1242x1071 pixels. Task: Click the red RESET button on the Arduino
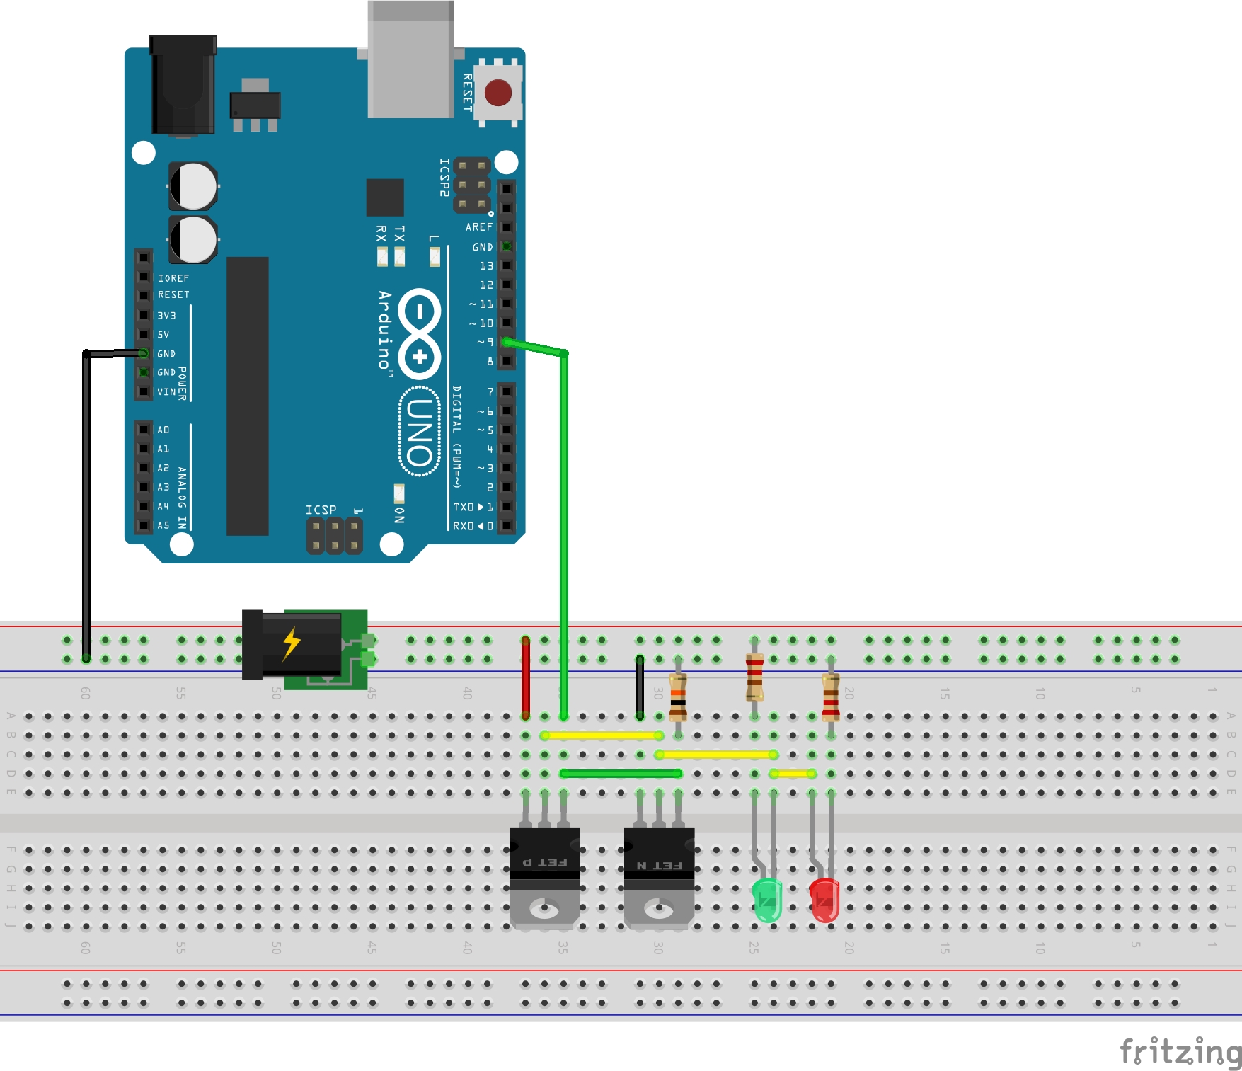(x=498, y=93)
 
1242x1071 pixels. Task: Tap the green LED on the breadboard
(x=767, y=900)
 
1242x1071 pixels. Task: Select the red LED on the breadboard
(x=824, y=900)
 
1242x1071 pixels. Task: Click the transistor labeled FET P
(x=544, y=874)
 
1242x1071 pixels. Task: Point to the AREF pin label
(x=479, y=227)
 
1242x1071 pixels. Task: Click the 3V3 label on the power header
(x=166, y=316)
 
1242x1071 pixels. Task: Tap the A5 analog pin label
(x=163, y=525)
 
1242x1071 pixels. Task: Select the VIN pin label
(x=166, y=391)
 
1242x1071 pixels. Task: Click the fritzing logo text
(x=1179, y=1052)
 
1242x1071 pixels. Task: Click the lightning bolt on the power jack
(x=292, y=643)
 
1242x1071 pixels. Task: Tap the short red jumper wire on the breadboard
(x=526, y=677)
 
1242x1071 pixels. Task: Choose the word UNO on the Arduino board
(x=420, y=431)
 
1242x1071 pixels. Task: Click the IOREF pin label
(x=173, y=278)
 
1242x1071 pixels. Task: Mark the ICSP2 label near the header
(x=444, y=177)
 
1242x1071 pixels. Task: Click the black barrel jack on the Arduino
(x=183, y=85)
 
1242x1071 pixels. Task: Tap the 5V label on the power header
(x=163, y=334)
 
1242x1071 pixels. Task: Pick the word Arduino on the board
(x=384, y=329)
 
